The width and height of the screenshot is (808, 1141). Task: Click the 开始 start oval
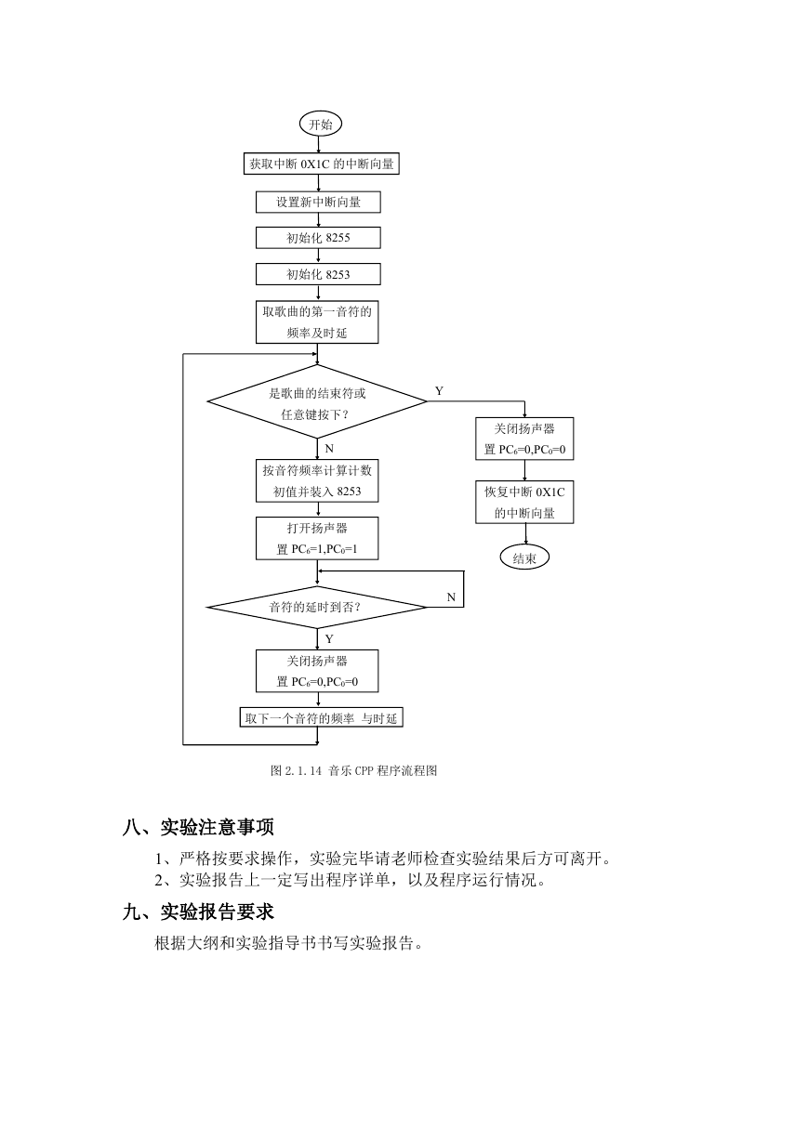[x=320, y=124]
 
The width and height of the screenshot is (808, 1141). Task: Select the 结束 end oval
[x=524, y=557]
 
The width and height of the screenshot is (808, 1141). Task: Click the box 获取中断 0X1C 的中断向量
[x=321, y=164]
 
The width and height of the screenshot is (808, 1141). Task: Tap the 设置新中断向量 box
[x=318, y=203]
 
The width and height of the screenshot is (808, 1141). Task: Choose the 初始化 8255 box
[x=318, y=238]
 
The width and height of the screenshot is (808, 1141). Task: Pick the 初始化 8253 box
[x=318, y=274]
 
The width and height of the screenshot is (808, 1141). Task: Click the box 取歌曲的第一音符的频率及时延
[x=317, y=321]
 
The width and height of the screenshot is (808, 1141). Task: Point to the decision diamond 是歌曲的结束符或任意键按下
[x=317, y=401]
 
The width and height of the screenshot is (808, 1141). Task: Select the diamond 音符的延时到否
[x=317, y=607]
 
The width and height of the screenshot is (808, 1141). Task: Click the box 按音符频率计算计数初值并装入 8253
[x=317, y=480]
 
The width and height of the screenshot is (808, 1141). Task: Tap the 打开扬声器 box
[x=317, y=538]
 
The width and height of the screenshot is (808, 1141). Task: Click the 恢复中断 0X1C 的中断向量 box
[x=524, y=502]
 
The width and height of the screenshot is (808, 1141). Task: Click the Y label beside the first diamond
[x=439, y=390]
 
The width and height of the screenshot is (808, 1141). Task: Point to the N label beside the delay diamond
[x=451, y=597]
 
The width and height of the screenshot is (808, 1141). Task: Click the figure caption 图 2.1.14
[x=353, y=770]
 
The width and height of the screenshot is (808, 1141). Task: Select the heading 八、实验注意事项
[x=198, y=827]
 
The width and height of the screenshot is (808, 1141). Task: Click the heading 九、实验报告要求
[x=198, y=911]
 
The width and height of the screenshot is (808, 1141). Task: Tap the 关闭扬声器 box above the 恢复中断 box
[x=524, y=439]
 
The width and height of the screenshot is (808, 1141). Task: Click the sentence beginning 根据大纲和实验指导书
[x=288, y=943]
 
